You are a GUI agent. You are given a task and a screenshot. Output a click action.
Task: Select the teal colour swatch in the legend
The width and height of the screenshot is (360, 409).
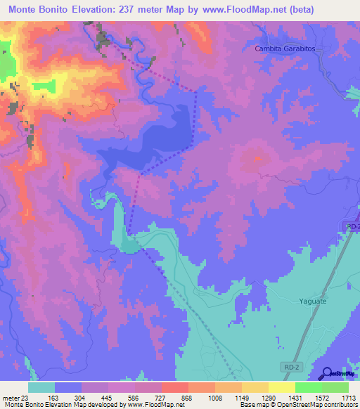pos(41,387)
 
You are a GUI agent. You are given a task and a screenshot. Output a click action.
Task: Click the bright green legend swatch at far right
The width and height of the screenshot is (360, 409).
pos(335,387)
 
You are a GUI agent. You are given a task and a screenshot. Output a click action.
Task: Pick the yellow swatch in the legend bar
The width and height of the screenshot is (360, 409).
pos(281,387)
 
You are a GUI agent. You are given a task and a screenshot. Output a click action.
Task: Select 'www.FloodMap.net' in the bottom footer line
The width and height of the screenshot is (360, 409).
pos(148,405)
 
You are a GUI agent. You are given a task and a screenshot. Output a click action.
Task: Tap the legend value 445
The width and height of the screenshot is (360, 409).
pos(108,397)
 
